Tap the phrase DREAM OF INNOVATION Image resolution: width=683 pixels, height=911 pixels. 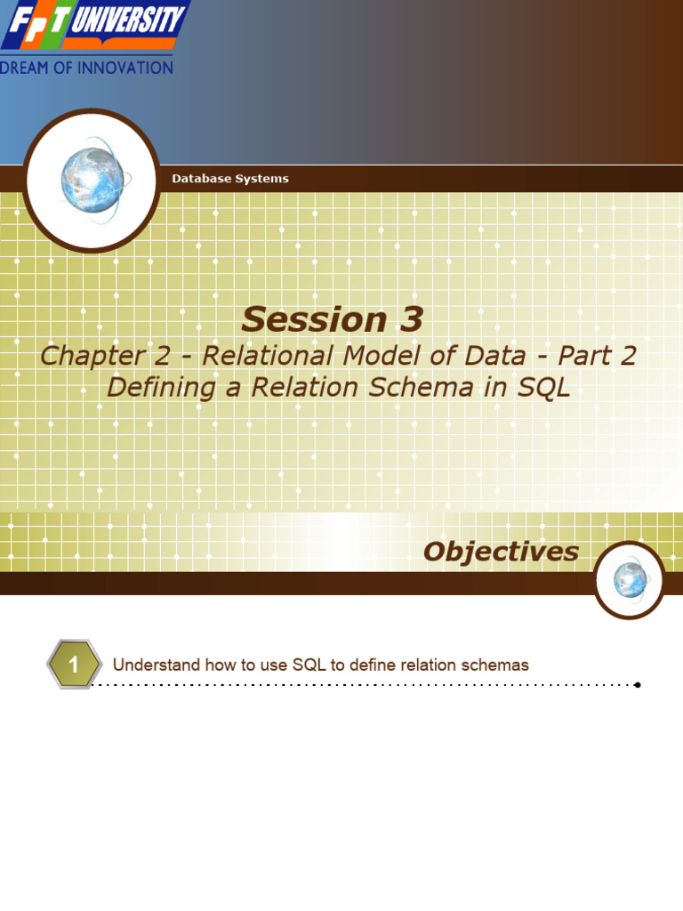[x=86, y=68]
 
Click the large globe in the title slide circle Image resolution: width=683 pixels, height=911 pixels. [x=92, y=180]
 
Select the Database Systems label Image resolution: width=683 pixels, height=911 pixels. [x=229, y=179]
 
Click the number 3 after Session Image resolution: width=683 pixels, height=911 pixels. [x=406, y=319]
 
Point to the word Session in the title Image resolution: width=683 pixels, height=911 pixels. [x=301, y=319]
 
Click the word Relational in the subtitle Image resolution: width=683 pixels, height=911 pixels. [x=253, y=356]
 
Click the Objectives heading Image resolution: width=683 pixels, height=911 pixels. [x=501, y=552]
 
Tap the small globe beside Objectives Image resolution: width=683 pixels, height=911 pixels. [x=630, y=580]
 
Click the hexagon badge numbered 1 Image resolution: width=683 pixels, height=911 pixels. [x=74, y=665]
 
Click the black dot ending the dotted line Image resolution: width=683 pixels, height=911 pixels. [x=638, y=685]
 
